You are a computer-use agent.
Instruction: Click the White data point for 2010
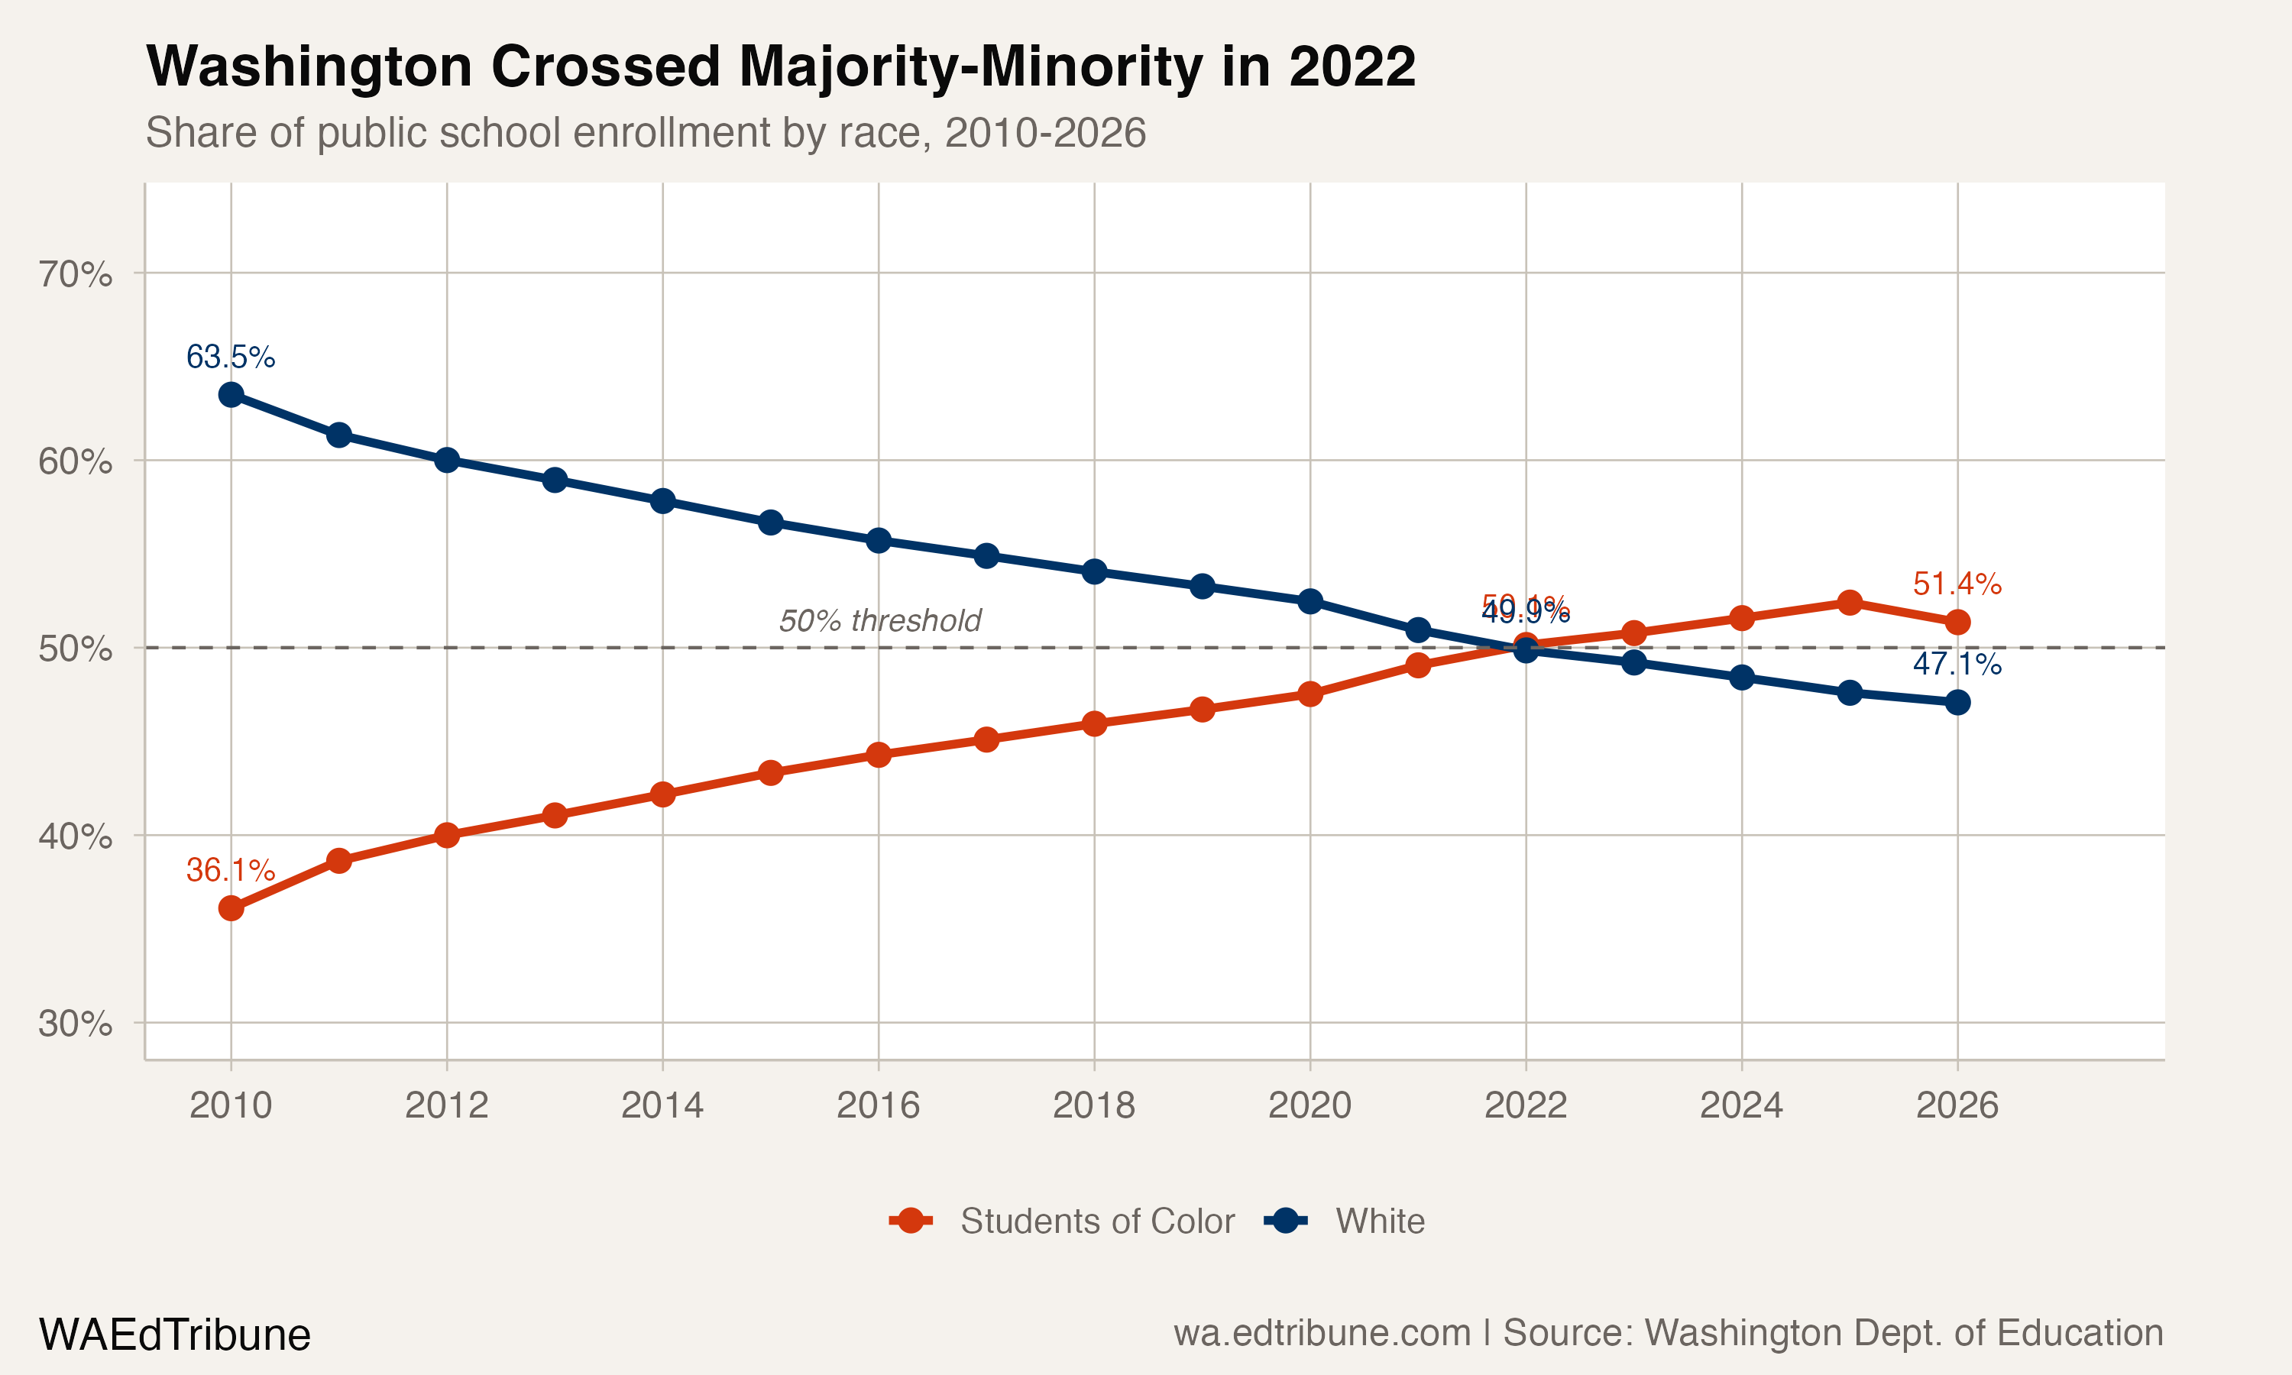click(231, 395)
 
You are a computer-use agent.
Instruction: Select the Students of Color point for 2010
click(231, 908)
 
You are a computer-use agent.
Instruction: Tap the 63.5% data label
click(231, 357)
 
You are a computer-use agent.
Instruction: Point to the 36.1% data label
click(231, 870)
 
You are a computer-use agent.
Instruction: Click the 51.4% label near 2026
click(1957, 584)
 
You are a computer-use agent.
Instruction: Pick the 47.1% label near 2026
click(1957, 663)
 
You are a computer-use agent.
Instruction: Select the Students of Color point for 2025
click(1849, 602)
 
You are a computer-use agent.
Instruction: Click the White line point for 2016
click(879, 540)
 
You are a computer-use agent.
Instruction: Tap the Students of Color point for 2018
click(1094, 723)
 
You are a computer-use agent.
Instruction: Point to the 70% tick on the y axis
click(75, 274)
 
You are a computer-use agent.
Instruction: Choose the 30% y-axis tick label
click(75, 1024)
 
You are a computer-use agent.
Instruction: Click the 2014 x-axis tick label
click(662, 1105)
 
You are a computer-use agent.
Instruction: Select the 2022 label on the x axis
click(1525, 1105)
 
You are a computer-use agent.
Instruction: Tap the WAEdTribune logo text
click(174, 1335)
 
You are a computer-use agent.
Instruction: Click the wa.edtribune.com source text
click(1321, 1333)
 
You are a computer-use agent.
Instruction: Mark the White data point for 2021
click(1417, 630)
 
